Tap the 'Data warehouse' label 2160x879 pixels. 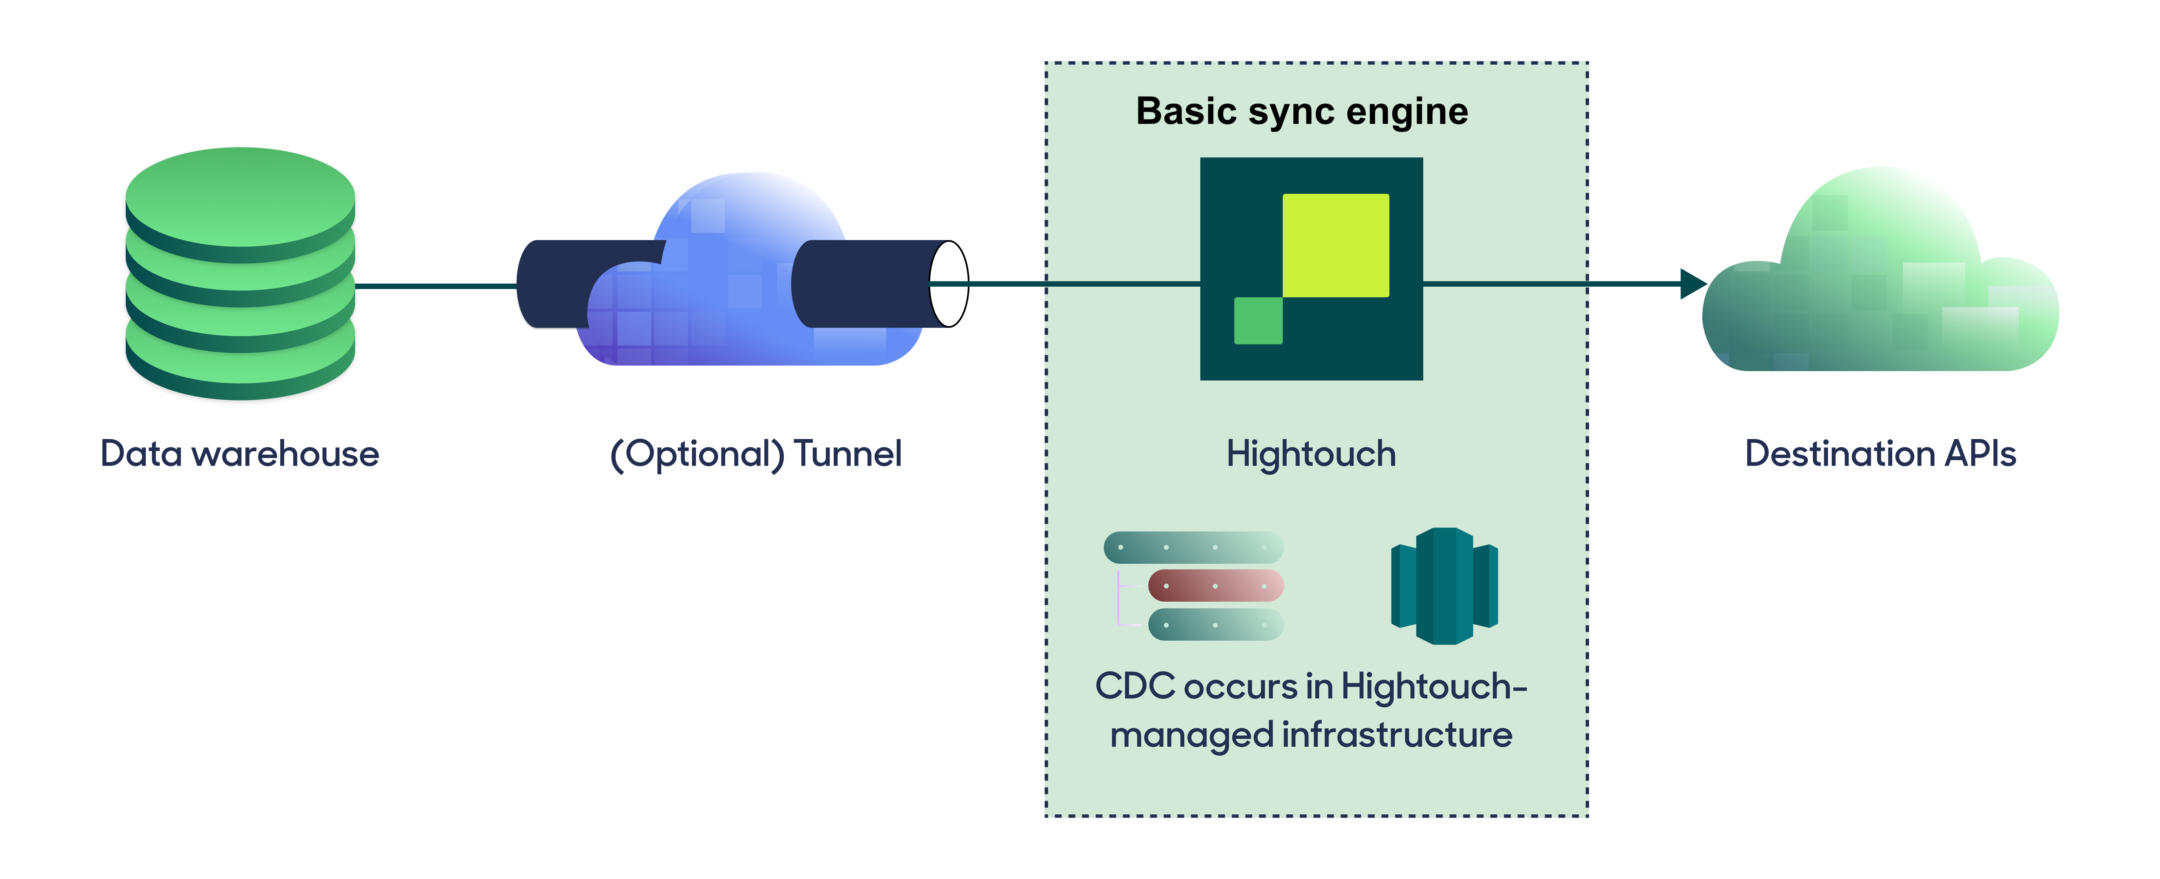point(240,454)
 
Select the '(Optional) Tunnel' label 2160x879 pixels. point(755,454)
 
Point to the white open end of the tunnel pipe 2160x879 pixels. point(949,284)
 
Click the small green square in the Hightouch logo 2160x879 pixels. point(1258,320)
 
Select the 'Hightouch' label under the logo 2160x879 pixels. point(1311,454)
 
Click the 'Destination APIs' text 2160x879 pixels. point(1880,454)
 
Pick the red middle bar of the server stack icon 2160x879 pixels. point(1215,586)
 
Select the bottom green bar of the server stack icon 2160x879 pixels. point(1215,625)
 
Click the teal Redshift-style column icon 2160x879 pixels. point(1444,586)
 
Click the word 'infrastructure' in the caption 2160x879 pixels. point(1397,735)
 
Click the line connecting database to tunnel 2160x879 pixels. point(436,286)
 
